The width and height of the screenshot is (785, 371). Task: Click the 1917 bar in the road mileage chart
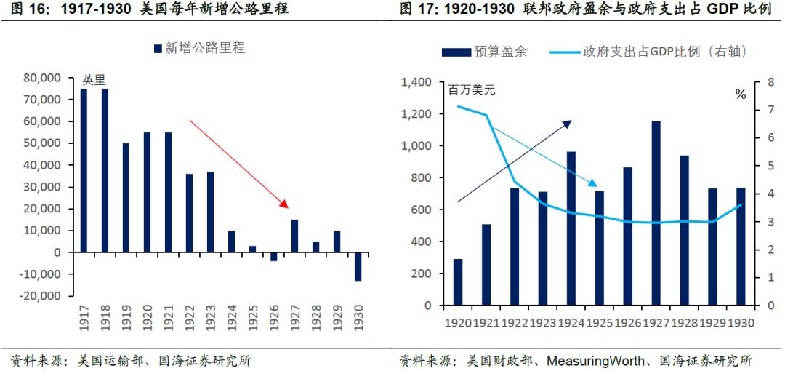click(x=84, y=170)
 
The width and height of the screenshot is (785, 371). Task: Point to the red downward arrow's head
click(x=286, y=204)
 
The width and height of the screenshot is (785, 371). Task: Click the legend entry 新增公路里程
click(x=199, y=48)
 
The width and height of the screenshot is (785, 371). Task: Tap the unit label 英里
click(x=94, y=80)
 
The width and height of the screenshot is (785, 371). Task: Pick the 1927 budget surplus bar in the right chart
click(x=656, y=213)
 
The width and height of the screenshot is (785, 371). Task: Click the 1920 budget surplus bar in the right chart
click(x=458, y=282)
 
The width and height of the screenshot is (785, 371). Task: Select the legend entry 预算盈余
click(x=484, y=52)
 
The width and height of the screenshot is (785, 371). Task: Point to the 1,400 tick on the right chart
click(x=416, y=82)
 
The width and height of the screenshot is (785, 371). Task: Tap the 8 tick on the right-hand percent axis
click(x=760, y=82)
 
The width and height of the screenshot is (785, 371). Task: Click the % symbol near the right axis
click(x=741, y=94)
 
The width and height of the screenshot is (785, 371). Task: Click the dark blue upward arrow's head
click(x=568, y=122)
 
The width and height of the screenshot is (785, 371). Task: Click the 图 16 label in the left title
click(x=25, y=9)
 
